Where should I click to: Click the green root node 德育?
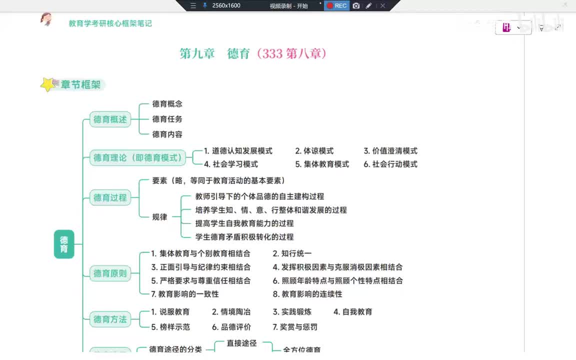coord(64,244)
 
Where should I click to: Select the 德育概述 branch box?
coord(110,119)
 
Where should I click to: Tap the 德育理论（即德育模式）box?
coord(137,157)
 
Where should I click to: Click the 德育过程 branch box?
coord(110,197)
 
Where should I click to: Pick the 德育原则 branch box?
coord(110,273)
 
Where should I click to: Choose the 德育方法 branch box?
coord(110,319)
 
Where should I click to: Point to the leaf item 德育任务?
coord(167,119)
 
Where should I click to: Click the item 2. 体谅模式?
coord(314,151)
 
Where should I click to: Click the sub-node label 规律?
coord(160,217)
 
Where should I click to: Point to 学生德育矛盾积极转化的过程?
coord(244,237)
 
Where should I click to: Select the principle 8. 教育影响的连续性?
coord(307,294)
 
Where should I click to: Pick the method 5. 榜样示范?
coord(170,327)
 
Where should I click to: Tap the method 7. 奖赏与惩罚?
coord(295,327)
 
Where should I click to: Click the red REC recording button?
coord(336,5)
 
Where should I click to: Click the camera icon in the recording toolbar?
coord(356,5)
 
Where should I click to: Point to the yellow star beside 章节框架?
coord(47,84)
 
